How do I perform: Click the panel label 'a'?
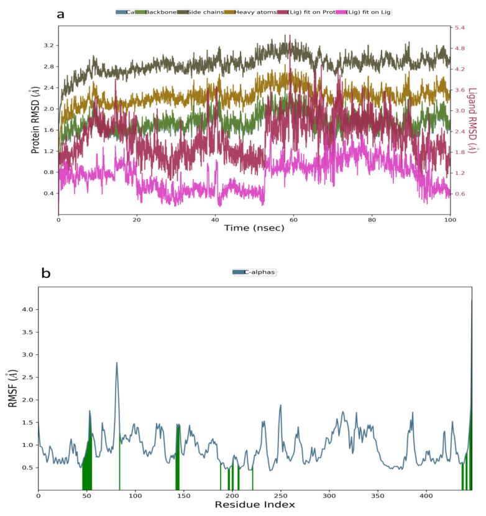60,14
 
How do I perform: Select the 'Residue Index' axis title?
255,504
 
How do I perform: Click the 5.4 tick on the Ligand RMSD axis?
461,28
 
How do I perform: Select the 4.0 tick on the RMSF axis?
27,310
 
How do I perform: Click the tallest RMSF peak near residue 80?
116,363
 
